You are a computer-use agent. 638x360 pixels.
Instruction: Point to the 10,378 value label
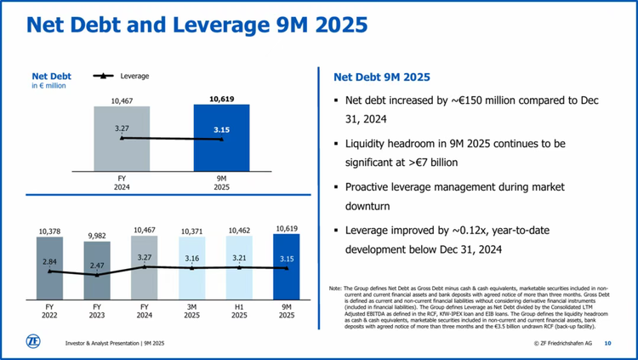point(50,231)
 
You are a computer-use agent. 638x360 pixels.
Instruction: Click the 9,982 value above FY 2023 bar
point(97,236)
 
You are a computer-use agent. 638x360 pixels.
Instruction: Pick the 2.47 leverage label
point(97,266)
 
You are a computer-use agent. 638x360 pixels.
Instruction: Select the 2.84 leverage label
point(50,263)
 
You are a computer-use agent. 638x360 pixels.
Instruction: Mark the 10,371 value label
point(192,231)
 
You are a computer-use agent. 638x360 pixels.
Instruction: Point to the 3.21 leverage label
point(239,256)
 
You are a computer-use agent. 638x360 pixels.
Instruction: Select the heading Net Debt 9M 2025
point(375,77)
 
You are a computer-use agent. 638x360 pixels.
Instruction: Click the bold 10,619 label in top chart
point(221,99)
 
